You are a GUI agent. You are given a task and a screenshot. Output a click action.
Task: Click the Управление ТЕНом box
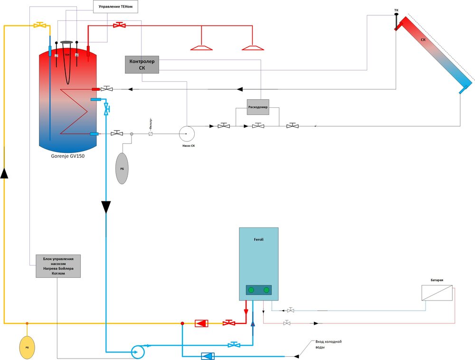tap(115, 7)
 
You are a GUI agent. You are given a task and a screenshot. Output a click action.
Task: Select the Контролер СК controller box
tap(142, 65)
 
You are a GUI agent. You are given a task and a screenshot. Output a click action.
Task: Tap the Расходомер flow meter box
tap(258, 107)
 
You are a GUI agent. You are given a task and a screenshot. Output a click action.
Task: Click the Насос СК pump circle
tap(186, 133)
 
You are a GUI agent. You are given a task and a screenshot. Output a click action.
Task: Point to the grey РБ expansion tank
tap(122, 169)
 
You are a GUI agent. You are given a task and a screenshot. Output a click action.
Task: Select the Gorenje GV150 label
tap(68, 156)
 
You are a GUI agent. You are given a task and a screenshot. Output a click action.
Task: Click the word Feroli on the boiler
tap(258, 240)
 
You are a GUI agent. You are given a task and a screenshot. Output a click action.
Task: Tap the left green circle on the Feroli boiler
tap(251, 290)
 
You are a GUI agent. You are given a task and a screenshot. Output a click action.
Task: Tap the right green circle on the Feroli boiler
tap(266, 290)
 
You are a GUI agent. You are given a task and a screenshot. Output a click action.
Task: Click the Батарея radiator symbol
tap(437, 293)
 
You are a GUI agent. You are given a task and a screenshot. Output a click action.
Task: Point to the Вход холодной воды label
tap(328, 344)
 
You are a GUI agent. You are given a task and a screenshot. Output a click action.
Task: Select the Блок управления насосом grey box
tap(58, 266)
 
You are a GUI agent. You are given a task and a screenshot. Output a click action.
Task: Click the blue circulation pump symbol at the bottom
tap(138, 352)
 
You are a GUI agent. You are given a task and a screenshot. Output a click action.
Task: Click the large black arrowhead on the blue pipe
tap(106, 207)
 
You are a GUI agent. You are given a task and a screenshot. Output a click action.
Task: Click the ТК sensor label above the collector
tap(396, 9)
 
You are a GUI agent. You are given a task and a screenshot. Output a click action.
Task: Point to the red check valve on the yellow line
tap(201, 323)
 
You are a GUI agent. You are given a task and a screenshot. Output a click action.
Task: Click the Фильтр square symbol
tap(151, 134)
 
